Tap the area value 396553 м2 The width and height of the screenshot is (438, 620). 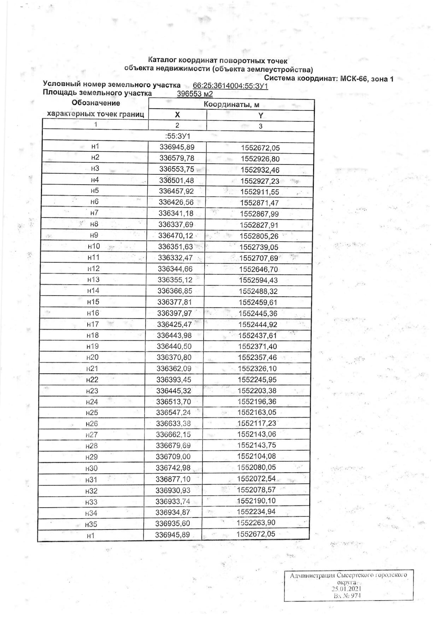point(195,94)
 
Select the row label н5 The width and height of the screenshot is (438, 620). point(95,191)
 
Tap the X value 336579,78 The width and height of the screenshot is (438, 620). point(177,158)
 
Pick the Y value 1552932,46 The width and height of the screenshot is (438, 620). point(260,170)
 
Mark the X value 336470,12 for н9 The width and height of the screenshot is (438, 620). point(176,236)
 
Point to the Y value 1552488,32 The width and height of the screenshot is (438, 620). point(258,291)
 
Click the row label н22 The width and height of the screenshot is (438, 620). point(92,380)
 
